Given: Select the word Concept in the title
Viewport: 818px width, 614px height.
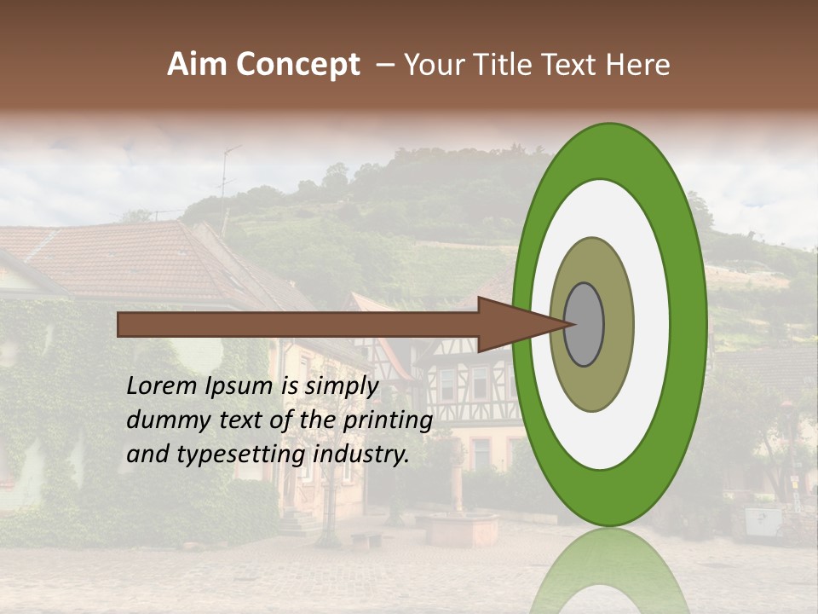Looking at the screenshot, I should [x=297, y=65].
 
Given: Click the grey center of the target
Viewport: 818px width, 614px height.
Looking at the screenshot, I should [x=585, y=325].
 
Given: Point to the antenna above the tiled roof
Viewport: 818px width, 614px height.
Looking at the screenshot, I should [x=226, y=183].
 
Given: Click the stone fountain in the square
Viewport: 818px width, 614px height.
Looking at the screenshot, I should [x=462, y=529].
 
